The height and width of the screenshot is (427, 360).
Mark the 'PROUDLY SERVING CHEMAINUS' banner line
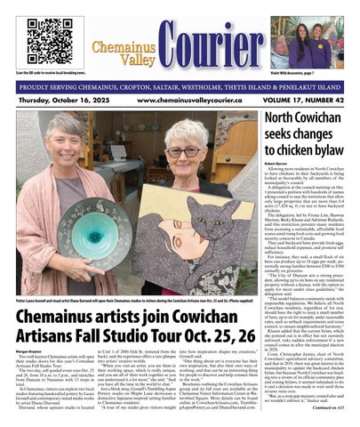180,86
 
